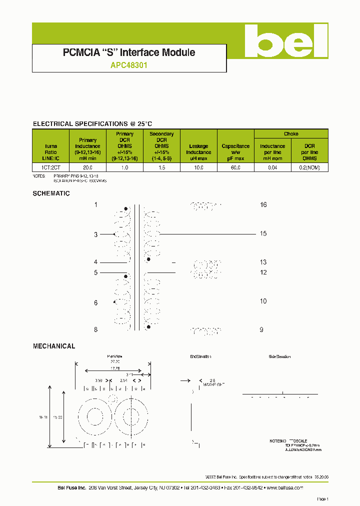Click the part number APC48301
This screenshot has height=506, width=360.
coord(128,65)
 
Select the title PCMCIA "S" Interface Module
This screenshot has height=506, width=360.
coord(129,52)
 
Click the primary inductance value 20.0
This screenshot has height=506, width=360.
coord(87,168)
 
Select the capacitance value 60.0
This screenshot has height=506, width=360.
coord(235,168)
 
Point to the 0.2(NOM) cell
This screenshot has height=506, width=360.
coord(309,168)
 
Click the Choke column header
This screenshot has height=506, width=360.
coord(291,134)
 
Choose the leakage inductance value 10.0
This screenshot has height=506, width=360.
coord(198,168)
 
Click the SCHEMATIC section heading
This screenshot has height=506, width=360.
coord(51,193)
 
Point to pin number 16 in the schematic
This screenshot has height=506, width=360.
coord(263,205)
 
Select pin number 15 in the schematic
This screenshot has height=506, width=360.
coord(263,233)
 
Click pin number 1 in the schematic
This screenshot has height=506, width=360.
coord(96,205)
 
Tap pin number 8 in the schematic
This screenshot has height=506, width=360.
coord(96,329)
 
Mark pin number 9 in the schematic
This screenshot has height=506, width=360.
coord(261,329)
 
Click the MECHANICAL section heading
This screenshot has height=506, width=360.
coord(54,346)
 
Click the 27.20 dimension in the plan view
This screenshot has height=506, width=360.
coord(114,361)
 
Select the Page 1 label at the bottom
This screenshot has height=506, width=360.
coord(322,499)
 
